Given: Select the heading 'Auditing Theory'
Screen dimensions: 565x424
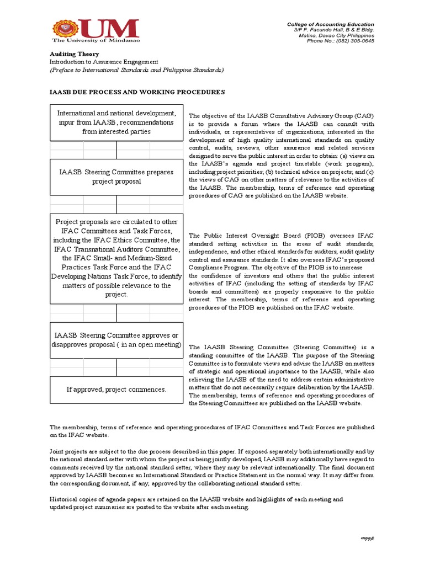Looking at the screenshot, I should (75, 54).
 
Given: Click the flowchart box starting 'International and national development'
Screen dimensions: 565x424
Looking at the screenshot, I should (116, 122).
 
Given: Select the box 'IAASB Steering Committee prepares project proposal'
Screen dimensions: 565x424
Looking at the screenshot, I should (116, 177).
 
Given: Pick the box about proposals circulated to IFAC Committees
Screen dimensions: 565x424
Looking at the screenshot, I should (116, 258).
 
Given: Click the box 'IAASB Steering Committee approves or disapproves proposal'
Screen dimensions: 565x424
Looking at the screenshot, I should (116, 340).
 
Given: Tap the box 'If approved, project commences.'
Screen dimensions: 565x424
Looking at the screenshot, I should (116, 390).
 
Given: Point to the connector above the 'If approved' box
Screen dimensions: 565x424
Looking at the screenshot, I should (116, 367).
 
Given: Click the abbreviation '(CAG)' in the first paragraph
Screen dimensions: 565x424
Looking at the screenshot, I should (364, 116).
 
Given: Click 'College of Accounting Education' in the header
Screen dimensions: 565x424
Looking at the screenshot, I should (330, 24).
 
